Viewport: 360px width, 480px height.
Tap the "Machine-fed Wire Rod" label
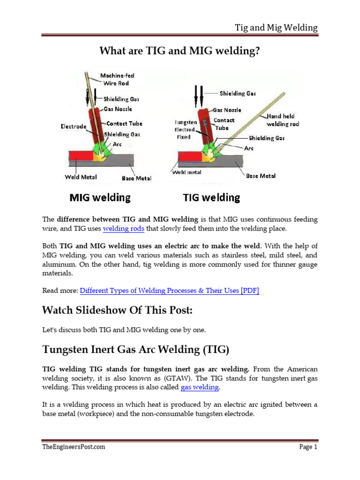pyautogui.click(x=118, y=79)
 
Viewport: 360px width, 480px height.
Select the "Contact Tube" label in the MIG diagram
pyautogui.click(x=124, y=124)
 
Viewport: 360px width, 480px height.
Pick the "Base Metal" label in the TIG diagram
pyautogui.click(x=261, y=176)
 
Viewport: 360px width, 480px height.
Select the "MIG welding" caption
pyautogui.click(x=100, y=197)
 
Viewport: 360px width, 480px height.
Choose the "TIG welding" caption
pyautogui.click(x=211, y=197)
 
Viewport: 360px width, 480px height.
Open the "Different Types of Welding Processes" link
pyautogui.click(x=169, y=291)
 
